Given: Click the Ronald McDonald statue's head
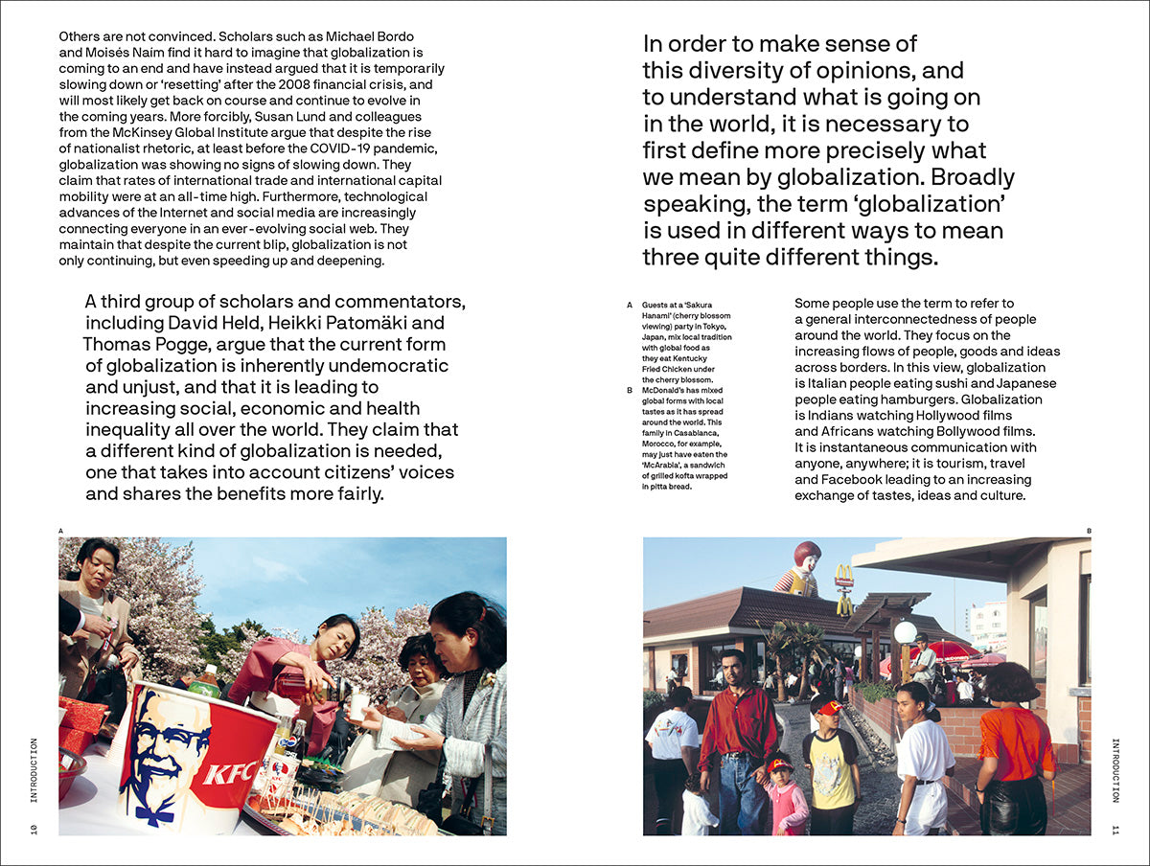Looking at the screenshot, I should point(808,557).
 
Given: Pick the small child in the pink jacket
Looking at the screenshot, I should point(785,800).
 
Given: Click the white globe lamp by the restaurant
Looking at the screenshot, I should point(905,632).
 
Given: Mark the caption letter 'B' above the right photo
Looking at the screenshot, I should point(1089,530).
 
